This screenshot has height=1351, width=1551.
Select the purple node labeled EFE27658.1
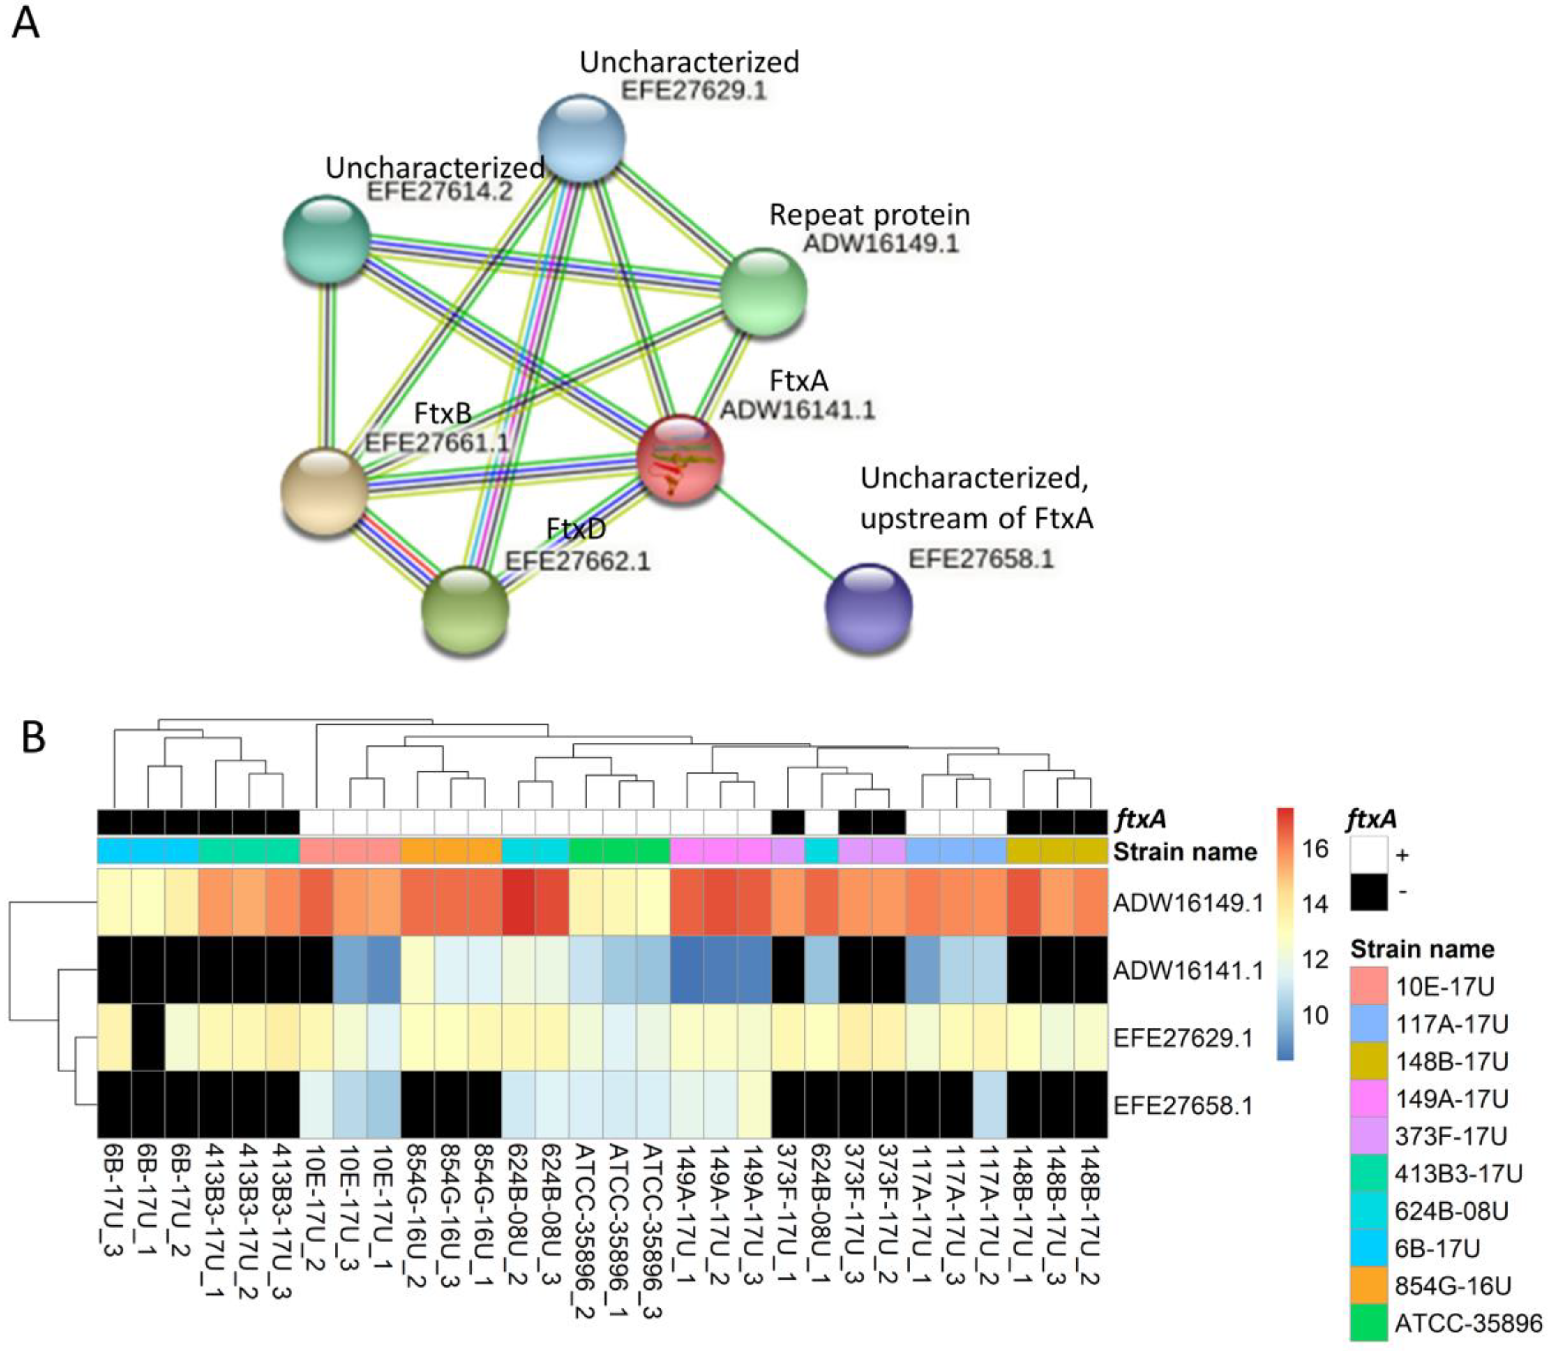point(868,606)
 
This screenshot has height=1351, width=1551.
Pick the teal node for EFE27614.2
point(326,239)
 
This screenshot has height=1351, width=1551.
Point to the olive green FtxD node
point(465,611)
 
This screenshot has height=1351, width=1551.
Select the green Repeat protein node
point(763,292)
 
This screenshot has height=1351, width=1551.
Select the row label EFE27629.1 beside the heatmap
point(1182,1038)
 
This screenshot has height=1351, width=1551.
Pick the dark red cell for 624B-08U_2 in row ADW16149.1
point(519,902)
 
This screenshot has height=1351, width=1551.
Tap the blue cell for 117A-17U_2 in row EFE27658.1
point(990,1105)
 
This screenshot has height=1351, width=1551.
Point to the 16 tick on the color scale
point(1315,849)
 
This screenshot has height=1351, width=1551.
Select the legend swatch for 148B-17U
point(1368,1061)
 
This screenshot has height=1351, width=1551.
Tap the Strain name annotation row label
point(1185,852)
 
